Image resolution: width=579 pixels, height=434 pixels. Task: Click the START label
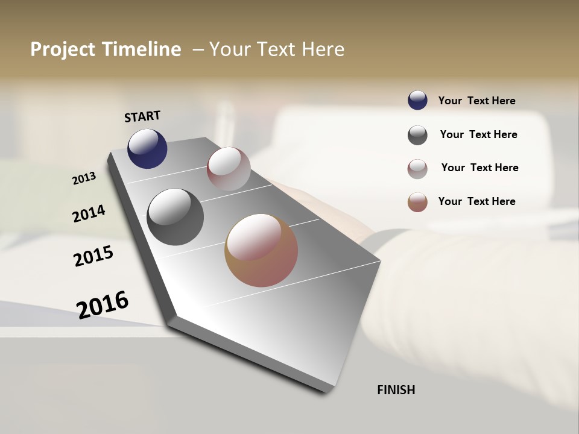coord(142,116)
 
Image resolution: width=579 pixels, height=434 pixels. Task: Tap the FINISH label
coord(396,390)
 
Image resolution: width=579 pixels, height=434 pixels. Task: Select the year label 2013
coord(84,178)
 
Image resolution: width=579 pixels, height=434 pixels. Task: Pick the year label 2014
coord(89,213)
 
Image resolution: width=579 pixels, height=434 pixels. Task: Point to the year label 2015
coord(93,256)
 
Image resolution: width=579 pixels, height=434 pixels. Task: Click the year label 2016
coord(103,304)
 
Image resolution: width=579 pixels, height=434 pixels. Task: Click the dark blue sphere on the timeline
coord(147,148)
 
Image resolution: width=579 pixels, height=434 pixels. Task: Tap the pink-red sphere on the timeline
coord(229,169)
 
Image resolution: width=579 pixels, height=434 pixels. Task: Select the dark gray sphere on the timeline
coord(175,217)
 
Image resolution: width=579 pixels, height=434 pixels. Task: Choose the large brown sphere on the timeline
coord(261,250)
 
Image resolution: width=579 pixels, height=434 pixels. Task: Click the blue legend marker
coord(417,100)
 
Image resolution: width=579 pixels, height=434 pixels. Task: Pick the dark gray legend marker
coord(417,135)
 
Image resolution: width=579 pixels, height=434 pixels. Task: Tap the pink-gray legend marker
coord(417,169)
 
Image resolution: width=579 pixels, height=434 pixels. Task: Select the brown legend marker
coord(417,202)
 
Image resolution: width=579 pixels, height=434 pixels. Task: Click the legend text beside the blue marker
coord(476,101)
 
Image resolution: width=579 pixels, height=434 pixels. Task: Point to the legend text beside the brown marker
coord(476,201)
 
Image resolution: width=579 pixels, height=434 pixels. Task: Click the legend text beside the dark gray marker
coord(478,134)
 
